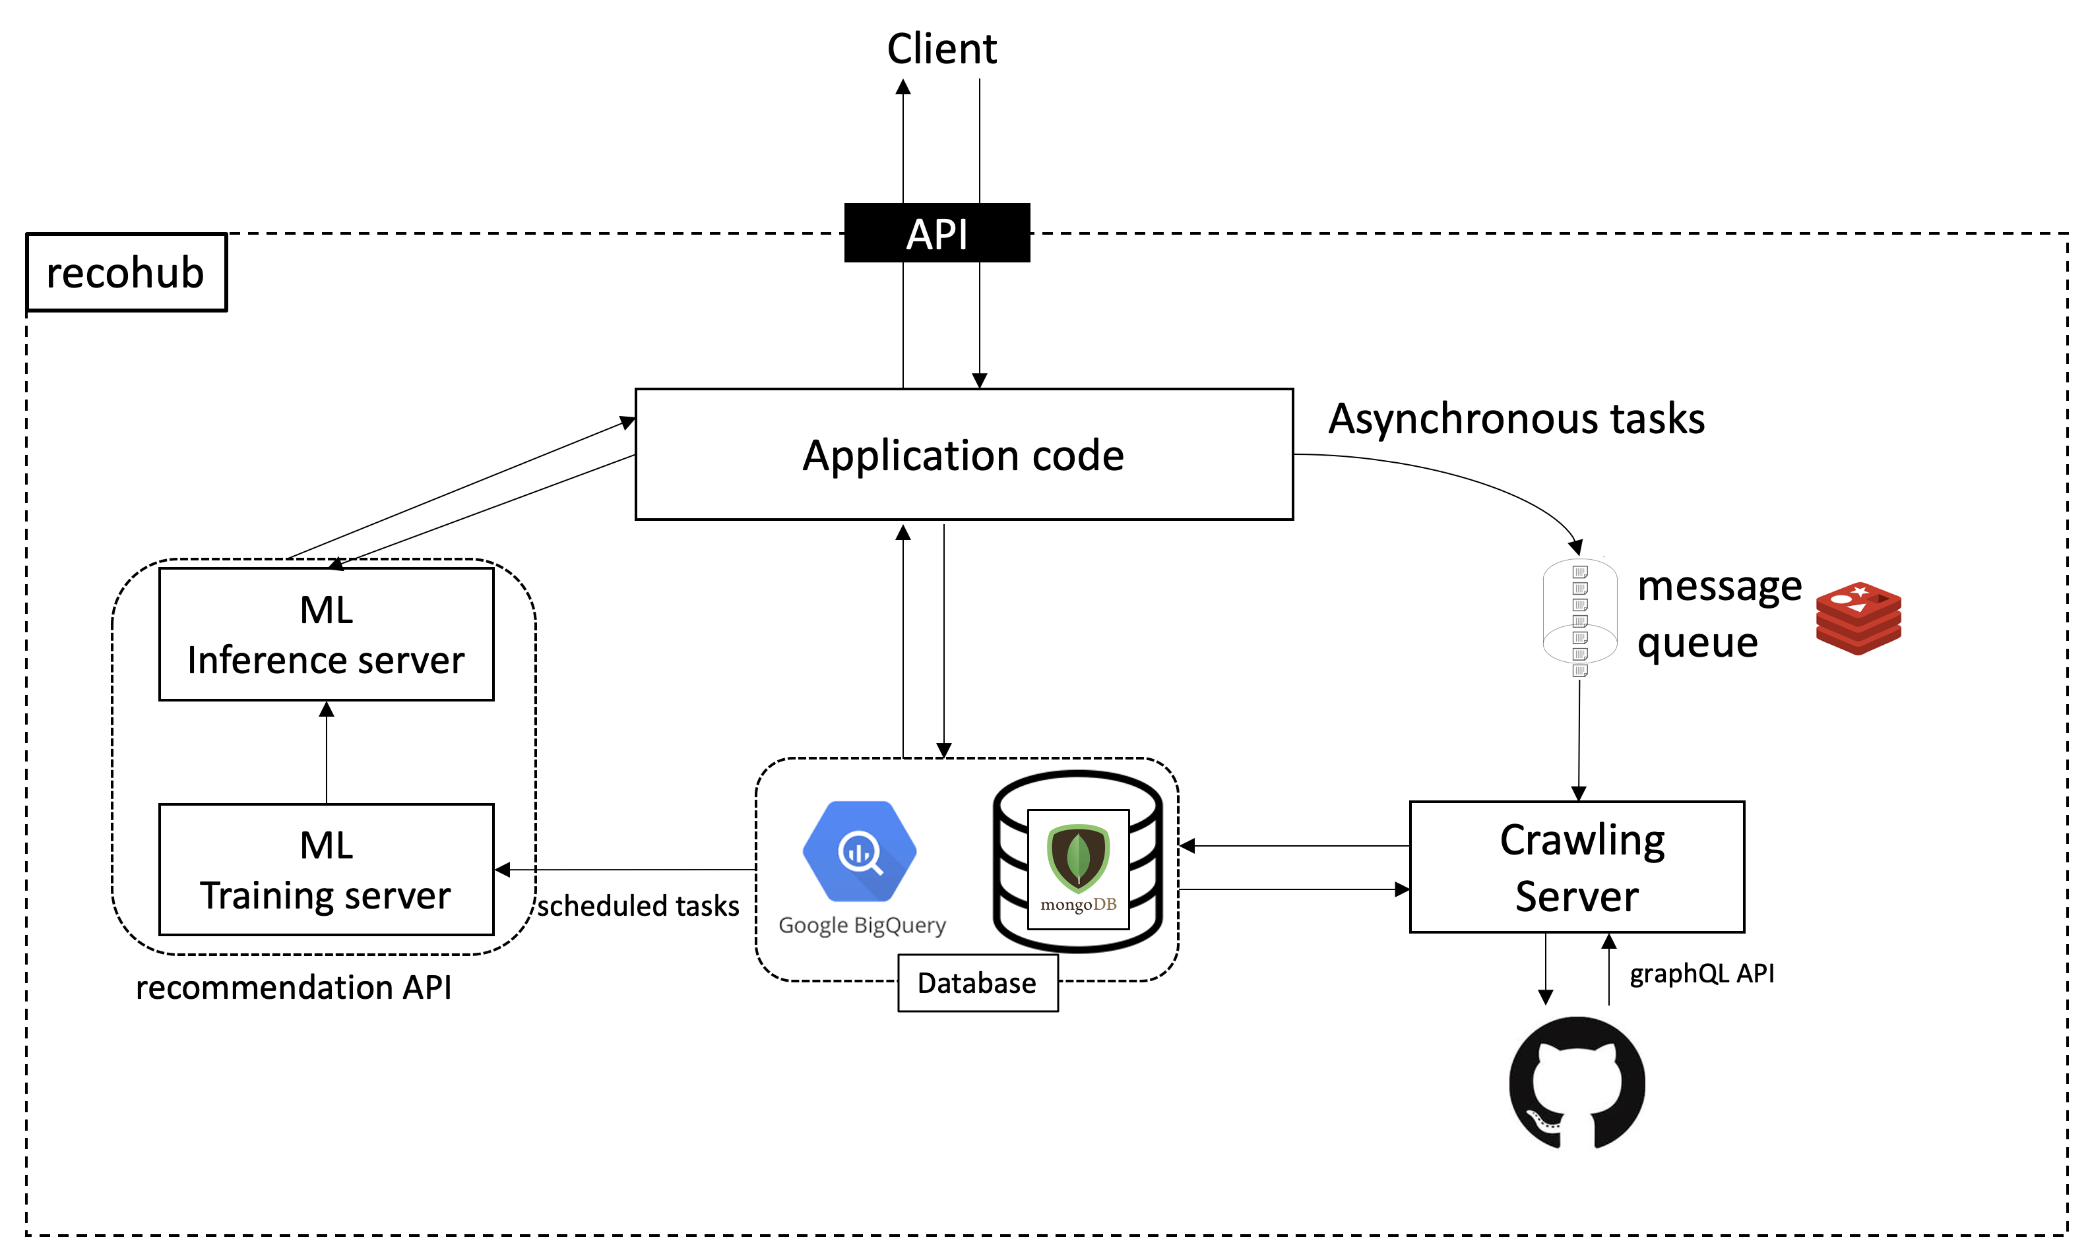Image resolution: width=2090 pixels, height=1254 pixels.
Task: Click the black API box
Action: click(x=937, y=233)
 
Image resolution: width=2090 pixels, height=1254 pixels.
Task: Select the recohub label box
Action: click(x=127, y=273)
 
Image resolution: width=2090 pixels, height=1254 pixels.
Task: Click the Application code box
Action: click(x=964, y=455)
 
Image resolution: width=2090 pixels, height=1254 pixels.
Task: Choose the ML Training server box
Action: click(x=327, y=870)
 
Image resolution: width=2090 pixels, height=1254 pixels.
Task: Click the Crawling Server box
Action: click(x=1577, y=868)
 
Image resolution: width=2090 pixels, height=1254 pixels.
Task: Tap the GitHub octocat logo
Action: click(x=1577, y=1083)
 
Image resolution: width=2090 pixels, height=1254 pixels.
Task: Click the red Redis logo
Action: click(x=1858, y=618)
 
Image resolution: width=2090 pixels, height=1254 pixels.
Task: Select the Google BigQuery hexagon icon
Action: click(x=860, y=851)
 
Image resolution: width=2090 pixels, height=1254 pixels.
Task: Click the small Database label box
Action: click(x=977, y=984)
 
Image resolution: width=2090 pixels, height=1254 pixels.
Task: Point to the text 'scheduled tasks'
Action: click(x=639, y=906)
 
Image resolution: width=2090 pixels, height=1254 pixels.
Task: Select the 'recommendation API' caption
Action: click(x=294, y=987)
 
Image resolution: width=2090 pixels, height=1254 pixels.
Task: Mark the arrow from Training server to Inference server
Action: click(x=327, y=752)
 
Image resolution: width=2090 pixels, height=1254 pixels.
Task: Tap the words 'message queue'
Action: click(x=1718, y=614)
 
